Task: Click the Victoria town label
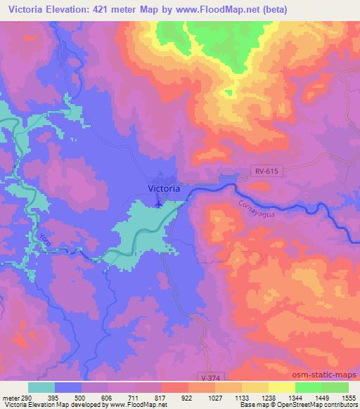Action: (x=165, y=188)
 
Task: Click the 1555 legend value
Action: (x=348, y=397)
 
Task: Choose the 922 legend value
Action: (x=187, y=397)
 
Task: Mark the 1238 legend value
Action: (x=268, y=397)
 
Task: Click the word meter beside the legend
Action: (x=11, y=397)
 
